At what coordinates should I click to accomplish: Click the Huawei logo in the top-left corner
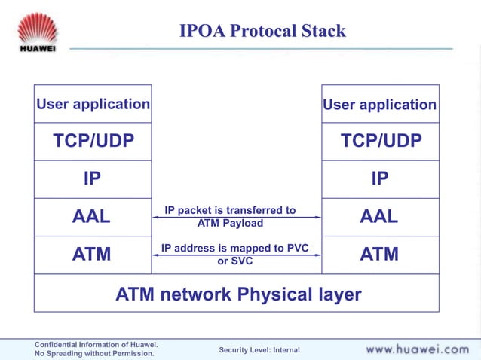(x=37, y=32)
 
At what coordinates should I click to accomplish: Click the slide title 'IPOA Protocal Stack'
(x=262, y=31)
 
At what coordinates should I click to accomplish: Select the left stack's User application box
(x=93, y=104)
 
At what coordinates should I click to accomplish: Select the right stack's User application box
(x=380, y=105)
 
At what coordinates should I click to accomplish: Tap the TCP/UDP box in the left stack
(x=93, y=142)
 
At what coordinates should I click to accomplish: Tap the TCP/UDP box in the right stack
(x=380, y=142)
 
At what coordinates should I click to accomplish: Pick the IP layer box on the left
(x=93, y=179)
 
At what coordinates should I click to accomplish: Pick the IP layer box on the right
(x=380, y=179)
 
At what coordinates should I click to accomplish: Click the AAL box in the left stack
(x=93, y=217)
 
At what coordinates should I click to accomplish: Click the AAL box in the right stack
(x=380, y=217)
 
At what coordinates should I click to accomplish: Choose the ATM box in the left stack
(x=93, y=255)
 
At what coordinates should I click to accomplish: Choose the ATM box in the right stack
(x=380, y=255)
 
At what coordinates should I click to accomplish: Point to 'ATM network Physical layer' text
(x=238, y=294)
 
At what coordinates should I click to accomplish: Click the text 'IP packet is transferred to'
(x=230, y=210)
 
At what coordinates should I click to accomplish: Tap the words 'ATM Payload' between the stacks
(x=230, y=223)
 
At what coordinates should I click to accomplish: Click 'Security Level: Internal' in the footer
(x=259, y=350)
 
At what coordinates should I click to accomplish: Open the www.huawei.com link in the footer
(x=417, y=349)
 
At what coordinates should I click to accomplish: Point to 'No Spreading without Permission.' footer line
(x=94, y=354)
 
